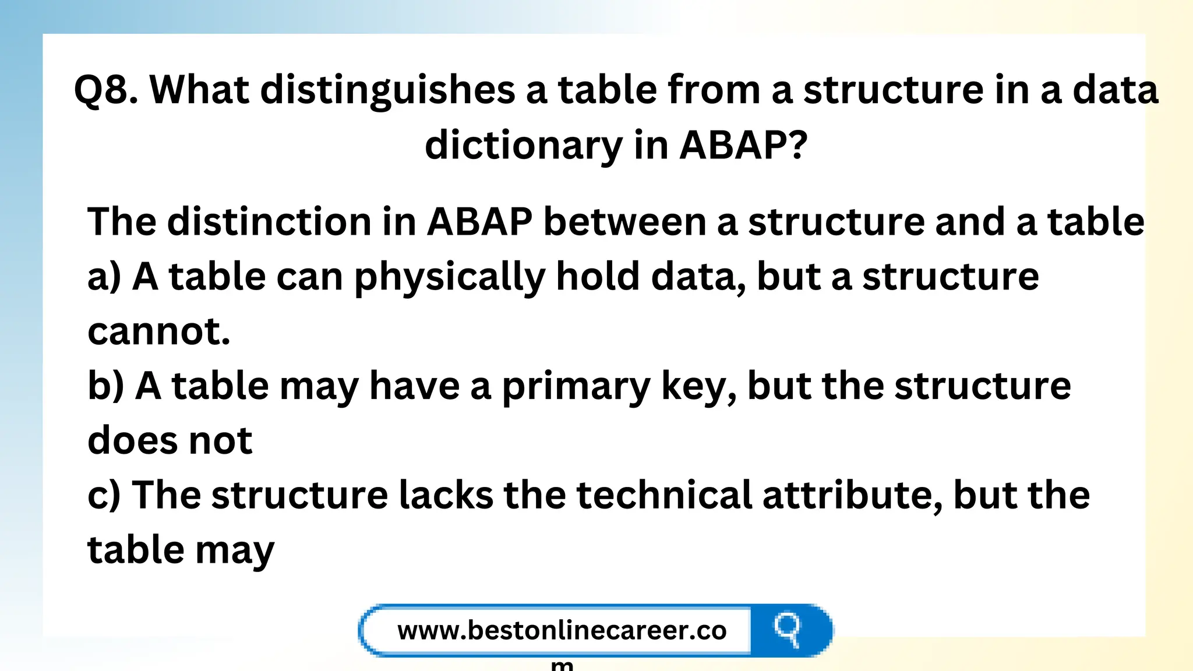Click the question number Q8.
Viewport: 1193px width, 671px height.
(105, 90)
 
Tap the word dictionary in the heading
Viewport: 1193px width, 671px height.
(523, 146)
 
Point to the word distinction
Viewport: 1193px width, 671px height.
(269, 222)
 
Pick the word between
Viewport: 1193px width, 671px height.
(624, 222)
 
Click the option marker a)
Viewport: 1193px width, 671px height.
(104, 277)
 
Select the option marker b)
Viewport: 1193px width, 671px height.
(105, 386)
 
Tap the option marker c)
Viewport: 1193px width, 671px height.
(104, 496)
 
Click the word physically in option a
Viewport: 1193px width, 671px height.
(449, 278)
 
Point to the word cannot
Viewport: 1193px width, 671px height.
(158, 331)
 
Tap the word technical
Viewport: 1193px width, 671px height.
(664, 495)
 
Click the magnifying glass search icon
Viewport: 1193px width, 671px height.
(788, 630)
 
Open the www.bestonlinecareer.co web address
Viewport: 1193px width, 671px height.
(562, 631)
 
